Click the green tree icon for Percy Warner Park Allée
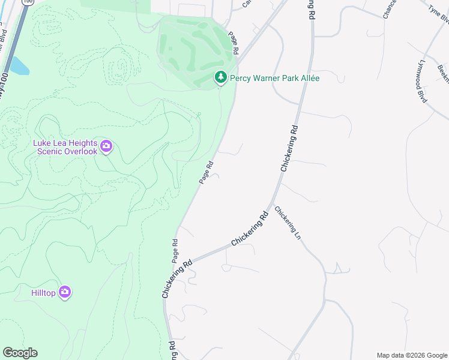click(x=221, y=77)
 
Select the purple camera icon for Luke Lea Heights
click(x=106, y=146)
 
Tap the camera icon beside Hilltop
click(x=65, y=292)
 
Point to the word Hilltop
click(x=43, y=293)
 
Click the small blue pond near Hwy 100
click(x=19, y=66)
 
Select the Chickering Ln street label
click(x=287, y=223)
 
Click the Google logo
click(x=20, y=353)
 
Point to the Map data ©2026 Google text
click(x=412, y=355)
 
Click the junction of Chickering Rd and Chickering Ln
click(x=273, y=205)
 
